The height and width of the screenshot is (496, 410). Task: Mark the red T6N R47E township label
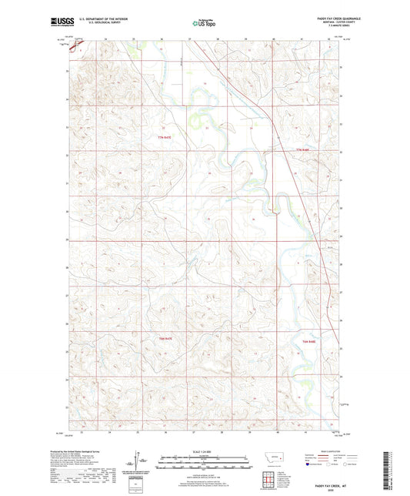[x=164, y=339]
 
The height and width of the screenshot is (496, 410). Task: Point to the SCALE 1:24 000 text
[x=205, y=452]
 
